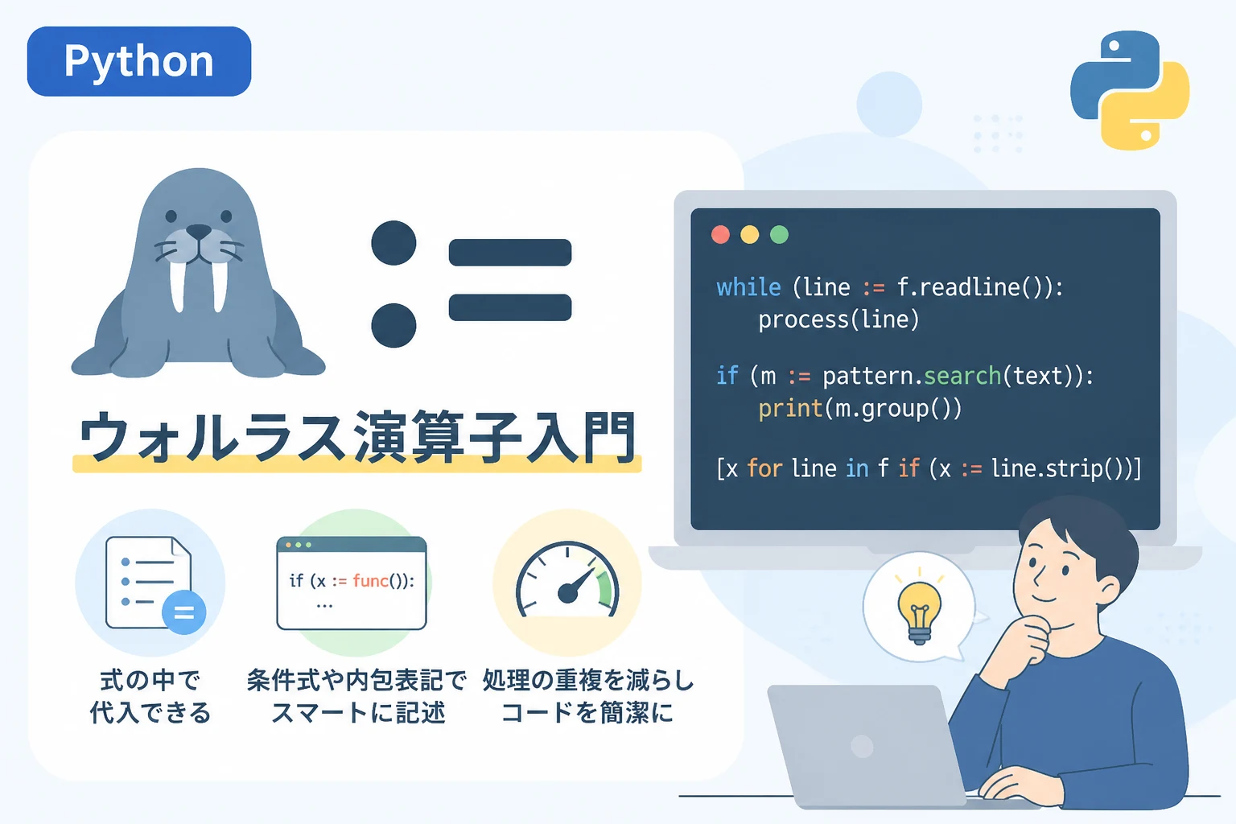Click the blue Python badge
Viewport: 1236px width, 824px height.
139,61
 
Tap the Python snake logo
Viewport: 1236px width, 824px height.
1130,90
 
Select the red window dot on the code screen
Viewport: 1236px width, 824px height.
720,234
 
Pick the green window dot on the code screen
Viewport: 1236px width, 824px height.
779,234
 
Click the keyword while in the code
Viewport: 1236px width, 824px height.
748,287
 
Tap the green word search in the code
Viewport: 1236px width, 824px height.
962,376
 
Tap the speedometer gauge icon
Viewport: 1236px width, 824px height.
567,581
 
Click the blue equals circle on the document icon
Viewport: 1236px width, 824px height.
183,612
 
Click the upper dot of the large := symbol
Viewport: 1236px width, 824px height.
393,243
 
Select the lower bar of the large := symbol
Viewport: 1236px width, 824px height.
510,307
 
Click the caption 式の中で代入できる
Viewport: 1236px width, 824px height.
150,696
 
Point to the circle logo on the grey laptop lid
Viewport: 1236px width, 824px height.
862,747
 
